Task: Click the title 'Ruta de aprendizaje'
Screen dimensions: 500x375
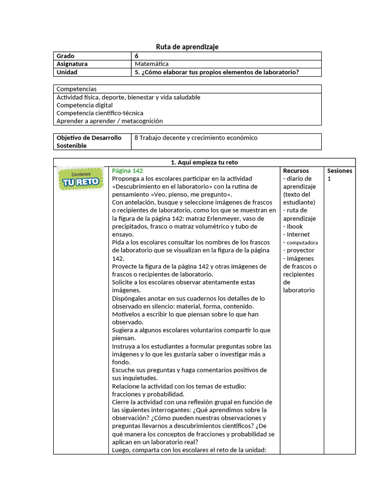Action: click(x=187, y=46)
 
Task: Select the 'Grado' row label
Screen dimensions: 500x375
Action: click(x=66, y=56)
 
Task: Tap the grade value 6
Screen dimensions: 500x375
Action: click(x=137, y=56)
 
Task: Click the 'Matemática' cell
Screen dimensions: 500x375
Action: click(x=152, y=64)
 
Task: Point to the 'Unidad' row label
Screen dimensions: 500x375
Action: click(x=67, y=72)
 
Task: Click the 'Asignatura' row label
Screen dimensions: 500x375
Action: click(x=72, y=64)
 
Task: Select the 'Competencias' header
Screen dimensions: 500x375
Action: click(x=77, y=89)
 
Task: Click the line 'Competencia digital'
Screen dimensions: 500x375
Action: click(x=84, y=105)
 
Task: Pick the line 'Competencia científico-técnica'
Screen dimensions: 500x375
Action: click(x=100, y=113)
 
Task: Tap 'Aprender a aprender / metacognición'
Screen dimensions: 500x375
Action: click(x=109, y=121)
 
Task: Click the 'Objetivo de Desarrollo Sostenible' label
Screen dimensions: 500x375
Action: click(x=89, y=142)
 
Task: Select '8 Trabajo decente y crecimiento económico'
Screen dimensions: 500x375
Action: click(x=196, y=138)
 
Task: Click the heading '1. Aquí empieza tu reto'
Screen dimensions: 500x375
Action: click(x=204, y=162)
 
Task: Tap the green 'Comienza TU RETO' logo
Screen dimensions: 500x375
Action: click(x=81, y=179)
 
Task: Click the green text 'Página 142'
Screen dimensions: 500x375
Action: click(x=127, y=170)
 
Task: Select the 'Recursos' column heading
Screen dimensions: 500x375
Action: click(x=296, y=171)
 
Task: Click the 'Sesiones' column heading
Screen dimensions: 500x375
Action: click(x=339, y=171)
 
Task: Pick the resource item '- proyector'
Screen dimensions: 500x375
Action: click(x=299, y=250)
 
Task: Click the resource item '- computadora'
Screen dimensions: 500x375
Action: click(x=300, y=242)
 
